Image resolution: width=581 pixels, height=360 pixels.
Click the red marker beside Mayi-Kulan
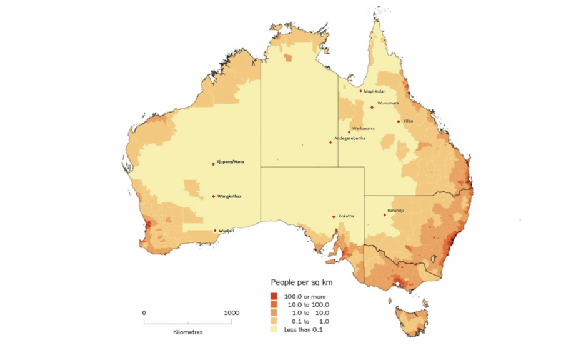360,91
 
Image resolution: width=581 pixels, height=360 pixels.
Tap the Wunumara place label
388,103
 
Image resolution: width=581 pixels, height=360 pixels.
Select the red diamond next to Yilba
399,121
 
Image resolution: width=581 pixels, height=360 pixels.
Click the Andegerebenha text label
350,137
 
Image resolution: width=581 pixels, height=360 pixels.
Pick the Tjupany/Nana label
231,162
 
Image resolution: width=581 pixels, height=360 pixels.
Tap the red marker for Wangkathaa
214,196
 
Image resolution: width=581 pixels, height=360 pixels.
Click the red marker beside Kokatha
334,217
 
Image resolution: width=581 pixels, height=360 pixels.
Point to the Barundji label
395,211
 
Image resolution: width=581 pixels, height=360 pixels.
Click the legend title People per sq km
301,282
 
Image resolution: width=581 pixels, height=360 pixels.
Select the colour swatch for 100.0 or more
274,296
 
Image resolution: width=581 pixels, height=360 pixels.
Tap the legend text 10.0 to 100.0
307,304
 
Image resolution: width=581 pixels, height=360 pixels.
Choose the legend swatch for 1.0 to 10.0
274,312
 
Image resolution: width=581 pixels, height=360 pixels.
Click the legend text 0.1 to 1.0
307,321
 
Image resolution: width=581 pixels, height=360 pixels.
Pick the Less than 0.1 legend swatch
274,329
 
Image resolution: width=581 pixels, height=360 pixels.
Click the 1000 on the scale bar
231,312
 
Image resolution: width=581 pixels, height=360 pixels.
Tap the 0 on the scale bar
144,312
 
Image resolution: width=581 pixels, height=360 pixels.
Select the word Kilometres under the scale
187,332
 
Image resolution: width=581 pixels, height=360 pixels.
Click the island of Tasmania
409,316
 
